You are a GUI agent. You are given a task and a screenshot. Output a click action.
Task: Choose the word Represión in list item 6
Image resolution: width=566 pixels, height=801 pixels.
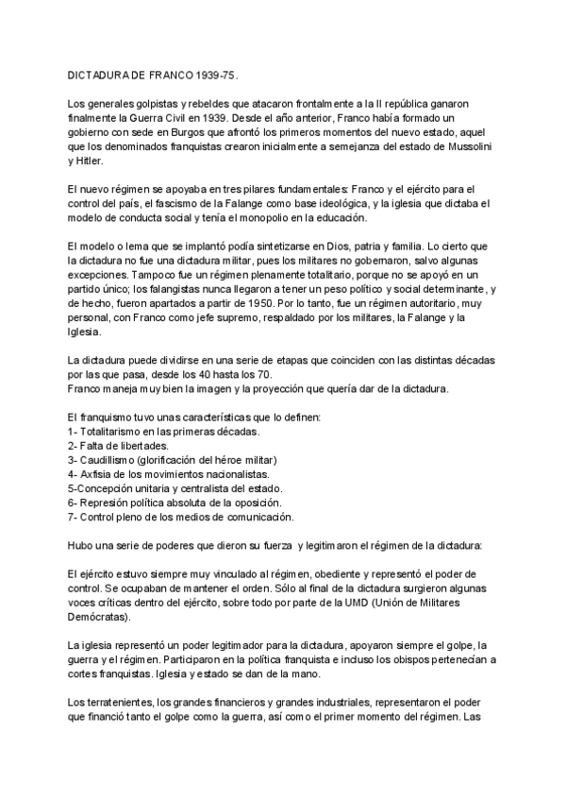92,503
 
